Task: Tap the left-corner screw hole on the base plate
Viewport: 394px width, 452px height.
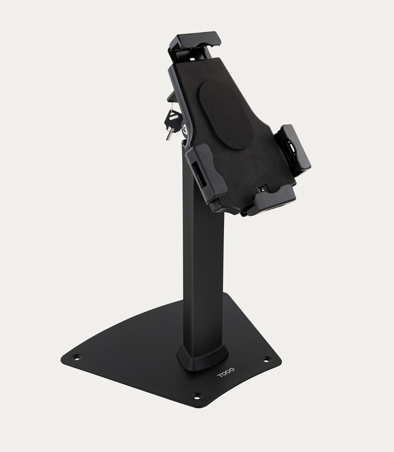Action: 77,358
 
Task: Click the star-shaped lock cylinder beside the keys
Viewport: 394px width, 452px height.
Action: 185,129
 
